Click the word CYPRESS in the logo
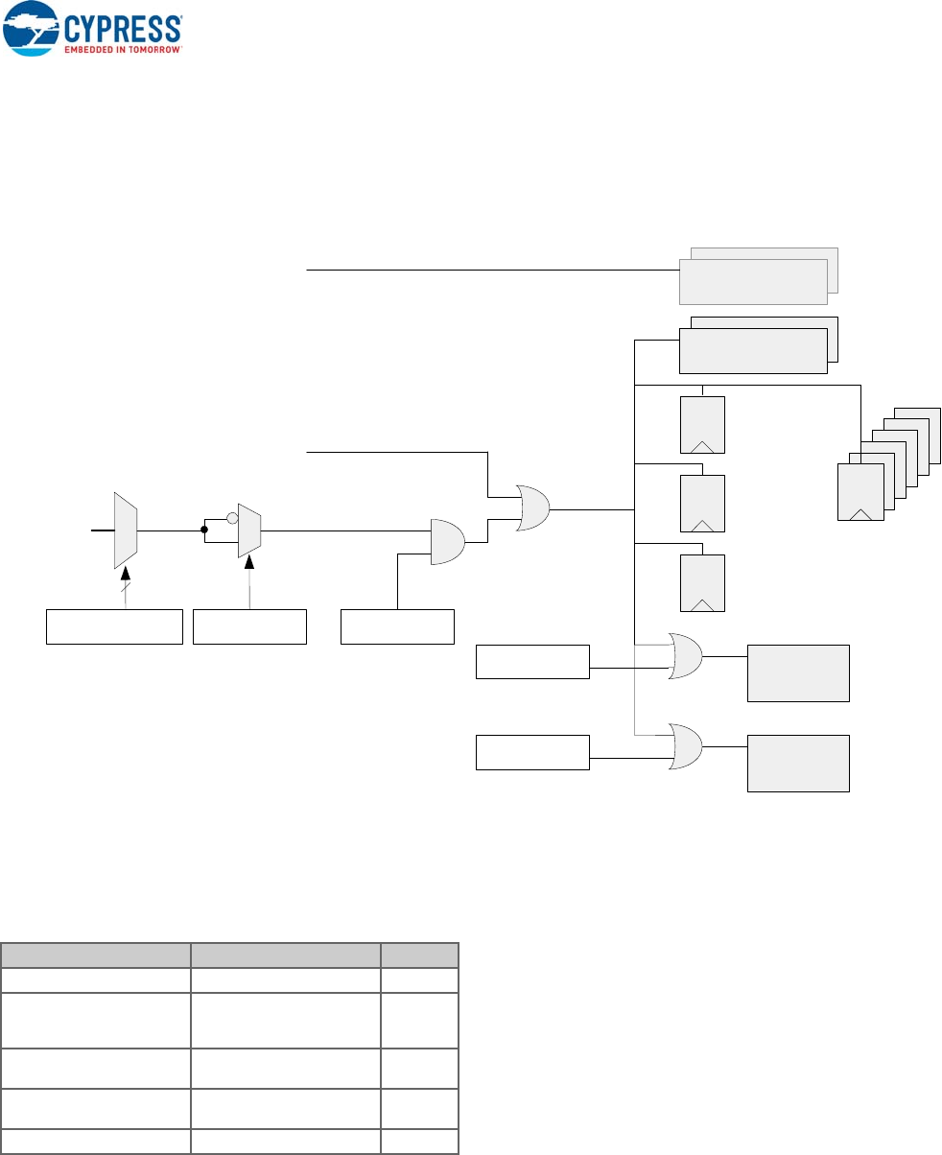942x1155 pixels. point(123,26)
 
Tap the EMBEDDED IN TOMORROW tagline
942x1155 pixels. point(123,47)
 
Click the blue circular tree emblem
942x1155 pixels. point(32,30)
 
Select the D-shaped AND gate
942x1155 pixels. point(447,542)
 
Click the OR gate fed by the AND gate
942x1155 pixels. point(533,507)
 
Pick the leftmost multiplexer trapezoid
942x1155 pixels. point(126,530)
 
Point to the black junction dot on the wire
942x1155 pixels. point(204,529)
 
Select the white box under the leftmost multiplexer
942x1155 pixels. point(114,625)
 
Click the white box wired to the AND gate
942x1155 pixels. point(397,625)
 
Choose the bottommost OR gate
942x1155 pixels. point(685,746)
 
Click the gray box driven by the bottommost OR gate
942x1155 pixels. point(798,763)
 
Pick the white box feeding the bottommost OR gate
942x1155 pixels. point(532,751)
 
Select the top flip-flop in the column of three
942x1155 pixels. point(702,424)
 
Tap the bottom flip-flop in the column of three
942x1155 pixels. point(702,583)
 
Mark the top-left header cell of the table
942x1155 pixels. point(95,955)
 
